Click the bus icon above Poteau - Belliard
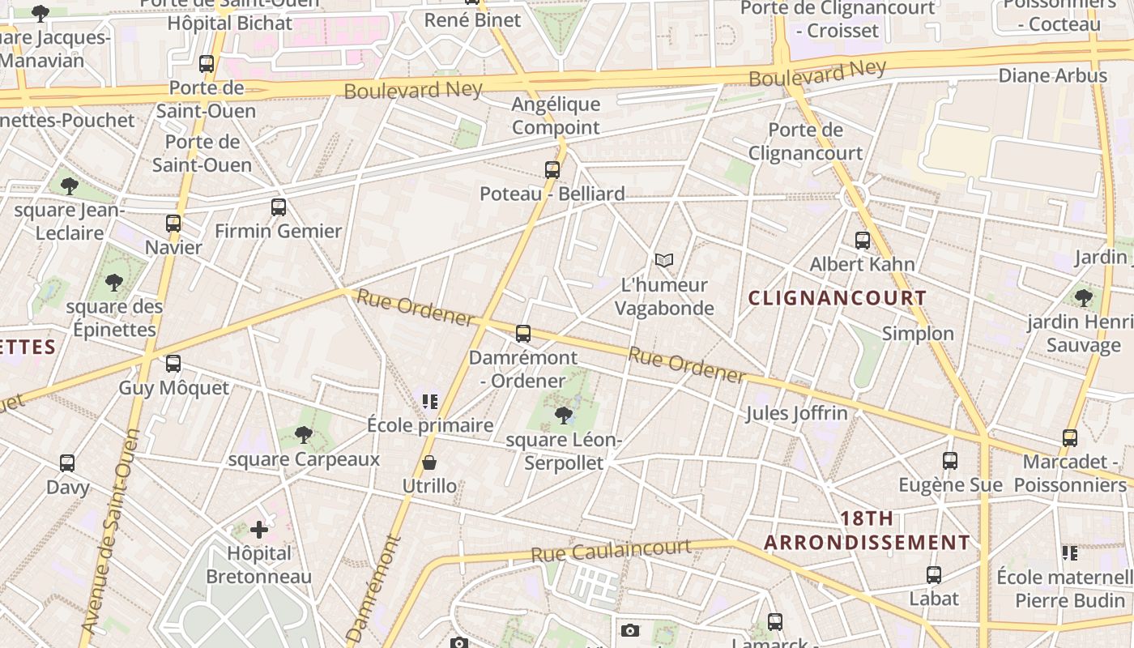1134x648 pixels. click(x=552, y=170)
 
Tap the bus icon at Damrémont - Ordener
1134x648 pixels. click(x=523, y=334)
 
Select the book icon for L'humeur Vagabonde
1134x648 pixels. click(x=664, y=260)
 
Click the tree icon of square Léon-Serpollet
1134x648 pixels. click(x=564, y=416)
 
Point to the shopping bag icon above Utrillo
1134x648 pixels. click(x=429, y=463)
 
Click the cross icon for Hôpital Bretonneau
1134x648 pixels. click(x=259, y=530)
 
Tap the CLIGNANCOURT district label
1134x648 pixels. click(x=838, y=298)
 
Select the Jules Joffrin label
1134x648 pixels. click(x=796, y=413)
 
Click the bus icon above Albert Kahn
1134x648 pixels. click(x=863, y=241)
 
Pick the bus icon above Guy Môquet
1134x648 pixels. click(x=173, y=364)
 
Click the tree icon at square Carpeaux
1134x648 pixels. click(x=304, y=435)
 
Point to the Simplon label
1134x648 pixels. click(x=918, y=334)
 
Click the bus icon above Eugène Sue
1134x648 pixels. click(x=950, y=461)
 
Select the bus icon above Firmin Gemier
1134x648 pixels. click(x=279, y=207)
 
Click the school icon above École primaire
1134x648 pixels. click(x=429, y=401)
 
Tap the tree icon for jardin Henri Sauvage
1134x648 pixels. click(x=1084, y=298)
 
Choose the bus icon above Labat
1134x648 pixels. click(x=934, y=575)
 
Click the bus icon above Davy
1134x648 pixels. click(x=67, y=463)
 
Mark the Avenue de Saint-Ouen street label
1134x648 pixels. click(x=109, y=531)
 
